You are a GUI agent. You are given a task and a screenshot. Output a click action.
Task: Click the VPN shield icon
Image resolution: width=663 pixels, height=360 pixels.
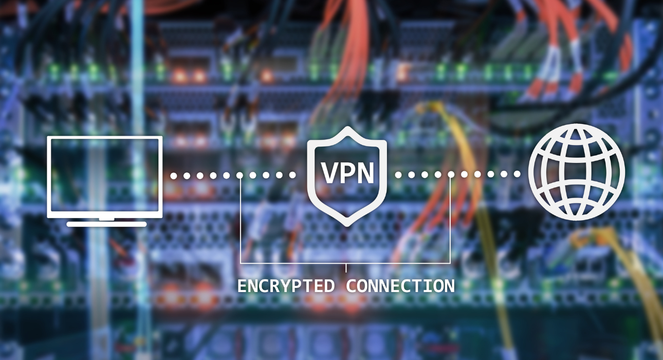347,176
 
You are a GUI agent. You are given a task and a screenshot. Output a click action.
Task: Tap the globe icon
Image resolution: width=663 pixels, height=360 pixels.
577,172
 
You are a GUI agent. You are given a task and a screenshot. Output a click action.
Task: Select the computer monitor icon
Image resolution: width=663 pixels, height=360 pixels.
105,181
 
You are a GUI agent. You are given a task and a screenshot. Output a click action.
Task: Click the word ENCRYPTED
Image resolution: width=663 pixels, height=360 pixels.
286,286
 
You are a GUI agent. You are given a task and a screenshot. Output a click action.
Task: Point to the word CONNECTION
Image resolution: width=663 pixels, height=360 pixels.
400,286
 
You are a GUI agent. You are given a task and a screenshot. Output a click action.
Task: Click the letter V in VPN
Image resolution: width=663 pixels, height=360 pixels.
330,173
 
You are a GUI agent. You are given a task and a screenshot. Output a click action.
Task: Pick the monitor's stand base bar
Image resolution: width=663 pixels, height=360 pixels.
106,224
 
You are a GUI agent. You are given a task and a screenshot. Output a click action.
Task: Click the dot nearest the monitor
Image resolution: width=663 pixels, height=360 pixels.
174,176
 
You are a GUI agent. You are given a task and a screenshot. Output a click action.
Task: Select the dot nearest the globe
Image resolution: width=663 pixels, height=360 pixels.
517,174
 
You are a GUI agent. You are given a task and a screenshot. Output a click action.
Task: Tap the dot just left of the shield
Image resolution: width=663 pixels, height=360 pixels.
292,175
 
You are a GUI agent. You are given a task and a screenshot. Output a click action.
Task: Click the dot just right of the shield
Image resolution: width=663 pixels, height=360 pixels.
398,175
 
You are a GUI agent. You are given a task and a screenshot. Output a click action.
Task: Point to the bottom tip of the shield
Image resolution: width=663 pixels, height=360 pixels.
347,226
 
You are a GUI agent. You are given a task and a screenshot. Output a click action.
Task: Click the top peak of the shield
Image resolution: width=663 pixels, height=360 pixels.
347,127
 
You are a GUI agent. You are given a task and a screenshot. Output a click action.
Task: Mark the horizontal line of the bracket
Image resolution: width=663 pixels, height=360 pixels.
345,263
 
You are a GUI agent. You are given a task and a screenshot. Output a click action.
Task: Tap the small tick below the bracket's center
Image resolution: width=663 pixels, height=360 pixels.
346,267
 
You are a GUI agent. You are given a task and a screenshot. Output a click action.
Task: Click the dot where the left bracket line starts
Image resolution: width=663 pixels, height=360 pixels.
240,175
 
